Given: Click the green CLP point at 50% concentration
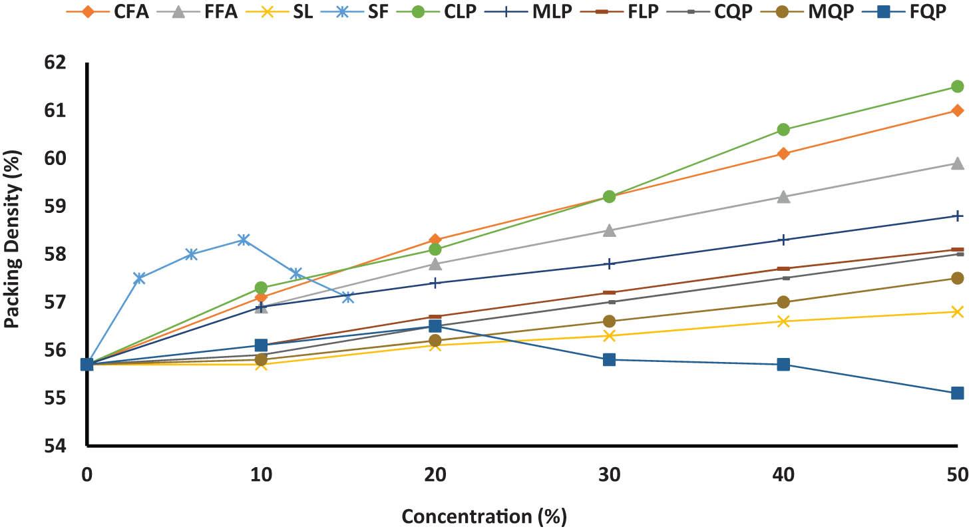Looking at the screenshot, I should tap(958, 87).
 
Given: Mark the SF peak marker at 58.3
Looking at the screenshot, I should tap(244, 240).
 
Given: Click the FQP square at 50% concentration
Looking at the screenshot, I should tap(958, 393).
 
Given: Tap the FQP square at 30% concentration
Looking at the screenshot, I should tap(609, 360).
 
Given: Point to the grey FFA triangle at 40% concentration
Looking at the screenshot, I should tap(783, 197).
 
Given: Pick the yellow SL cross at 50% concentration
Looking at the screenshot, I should tap(958, 311).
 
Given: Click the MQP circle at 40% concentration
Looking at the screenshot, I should tap(783, 302).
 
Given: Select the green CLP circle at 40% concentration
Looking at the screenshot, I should tap(783, 130).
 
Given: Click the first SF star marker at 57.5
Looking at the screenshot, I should tap(139, 278).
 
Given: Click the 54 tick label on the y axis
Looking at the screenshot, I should tap(67, 446).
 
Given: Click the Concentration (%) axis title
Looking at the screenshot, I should tap(484, 516).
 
